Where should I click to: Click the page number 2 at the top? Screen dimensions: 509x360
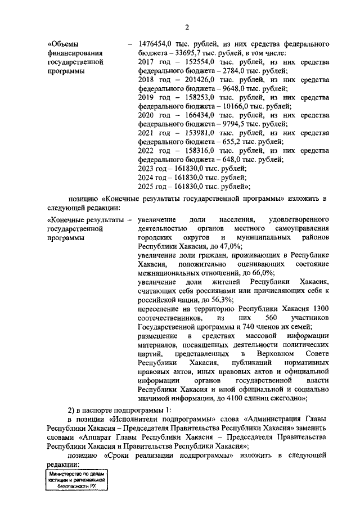186,26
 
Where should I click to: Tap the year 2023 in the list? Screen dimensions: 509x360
146,169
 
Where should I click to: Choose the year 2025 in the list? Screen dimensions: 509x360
146,187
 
